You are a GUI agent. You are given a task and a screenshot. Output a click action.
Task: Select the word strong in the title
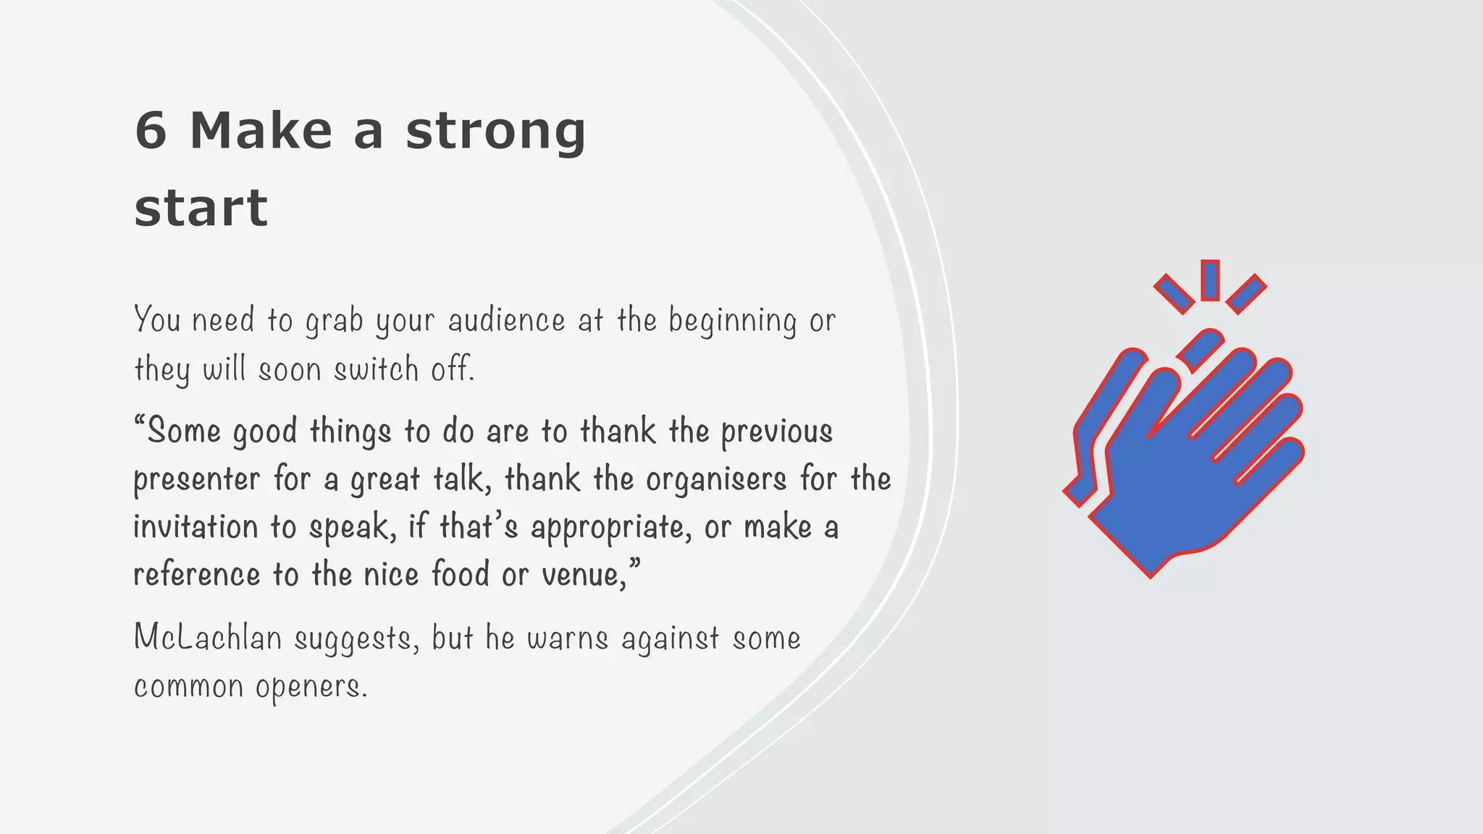(495, 133)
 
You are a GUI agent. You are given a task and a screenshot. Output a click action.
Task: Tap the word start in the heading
(201, 208)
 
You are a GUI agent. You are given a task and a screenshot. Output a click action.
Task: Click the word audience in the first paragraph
(506, 321)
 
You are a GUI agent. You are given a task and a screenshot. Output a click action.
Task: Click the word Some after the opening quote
(184, 431)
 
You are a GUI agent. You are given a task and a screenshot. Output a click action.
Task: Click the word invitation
(196, 527)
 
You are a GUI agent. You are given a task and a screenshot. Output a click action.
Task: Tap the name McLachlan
(208, 638)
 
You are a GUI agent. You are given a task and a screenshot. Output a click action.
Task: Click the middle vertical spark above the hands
(1210, 280)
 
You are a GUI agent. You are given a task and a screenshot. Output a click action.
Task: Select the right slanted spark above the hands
(1246, 293)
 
